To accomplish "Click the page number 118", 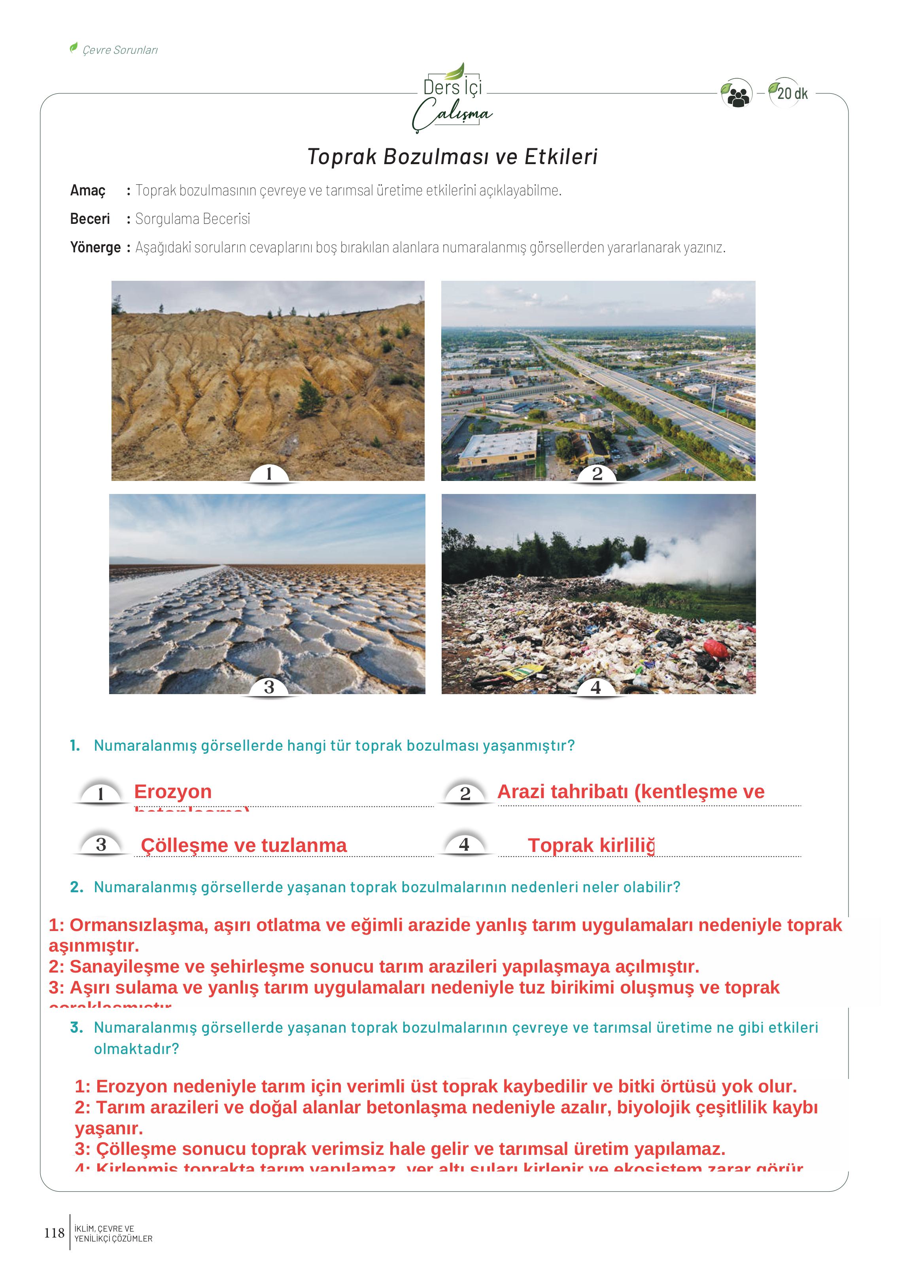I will click(x=55, y=1233).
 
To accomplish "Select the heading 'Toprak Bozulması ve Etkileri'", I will click(x=452, y=157).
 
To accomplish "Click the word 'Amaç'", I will click(x=87, y=191).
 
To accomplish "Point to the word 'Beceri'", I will click(x=90, y=219).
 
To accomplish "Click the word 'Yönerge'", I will click(x=95, y=248).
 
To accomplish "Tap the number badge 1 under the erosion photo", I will click(x=269, y=474).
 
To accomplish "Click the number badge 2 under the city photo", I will click(x=597, y=474).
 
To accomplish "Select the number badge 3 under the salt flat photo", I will click(x=269, y=687).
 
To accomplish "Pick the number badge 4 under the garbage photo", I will click(x=596, y=687).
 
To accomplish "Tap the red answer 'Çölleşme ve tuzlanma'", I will click(x=244, y=845).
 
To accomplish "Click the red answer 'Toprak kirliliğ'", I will click(x=591, y=845).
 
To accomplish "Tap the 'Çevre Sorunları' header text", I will click(x=120, y=50).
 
